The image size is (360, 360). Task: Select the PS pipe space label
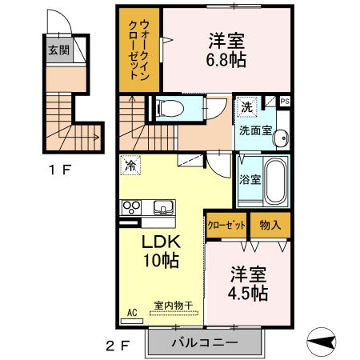click(x=283, y=101)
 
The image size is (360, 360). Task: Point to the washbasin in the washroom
click(x=280, y=138)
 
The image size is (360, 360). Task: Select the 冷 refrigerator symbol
click(x=130, y=166)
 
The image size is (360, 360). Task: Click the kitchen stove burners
click(x=130, y=207)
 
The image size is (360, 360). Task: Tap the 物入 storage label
click(x=270, y=225)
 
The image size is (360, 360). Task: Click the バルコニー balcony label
click(x=205, y=342)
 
